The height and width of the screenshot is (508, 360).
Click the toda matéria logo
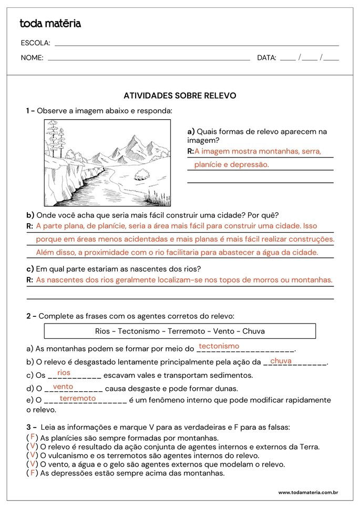50,24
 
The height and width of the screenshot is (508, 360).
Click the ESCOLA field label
35,43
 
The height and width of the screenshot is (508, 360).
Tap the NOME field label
32,58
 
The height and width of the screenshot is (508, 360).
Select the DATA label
266,58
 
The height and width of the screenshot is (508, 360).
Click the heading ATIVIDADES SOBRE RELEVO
180,96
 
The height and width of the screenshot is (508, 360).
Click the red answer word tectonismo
219,346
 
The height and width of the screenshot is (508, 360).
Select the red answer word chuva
281,361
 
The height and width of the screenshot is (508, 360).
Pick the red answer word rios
64,372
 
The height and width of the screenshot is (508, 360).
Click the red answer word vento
63,387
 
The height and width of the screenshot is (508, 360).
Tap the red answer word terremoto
78,399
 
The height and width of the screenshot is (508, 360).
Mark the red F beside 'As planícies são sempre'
33,437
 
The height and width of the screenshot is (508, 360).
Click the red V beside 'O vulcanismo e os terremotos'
33,455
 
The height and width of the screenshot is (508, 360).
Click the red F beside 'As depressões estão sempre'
33,473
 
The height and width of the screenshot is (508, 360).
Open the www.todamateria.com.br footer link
307,493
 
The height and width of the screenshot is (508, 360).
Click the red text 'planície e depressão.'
231,164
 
